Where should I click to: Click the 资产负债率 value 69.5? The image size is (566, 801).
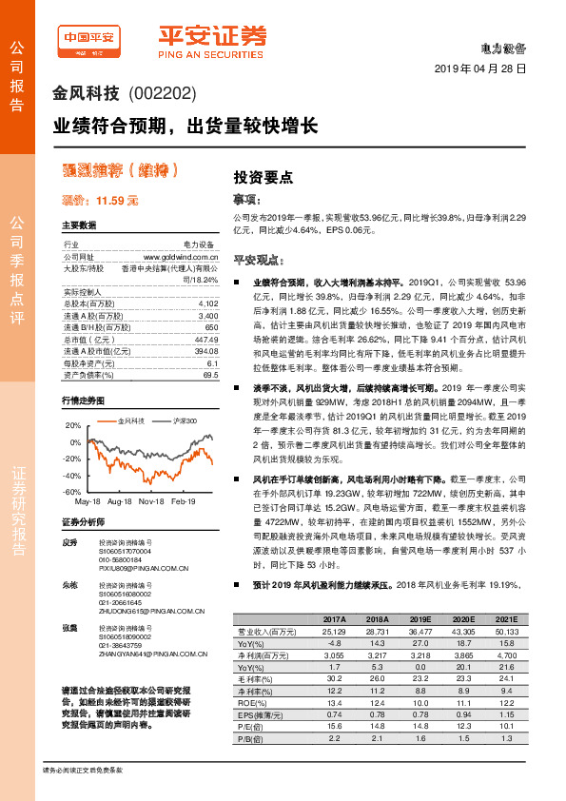pyautogui.click(x=211, y=377)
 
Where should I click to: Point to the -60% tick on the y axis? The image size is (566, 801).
pyautogui.click(x=71, y=492)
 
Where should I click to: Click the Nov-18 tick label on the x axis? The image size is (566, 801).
pyautogui.click(x=152, y=500)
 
